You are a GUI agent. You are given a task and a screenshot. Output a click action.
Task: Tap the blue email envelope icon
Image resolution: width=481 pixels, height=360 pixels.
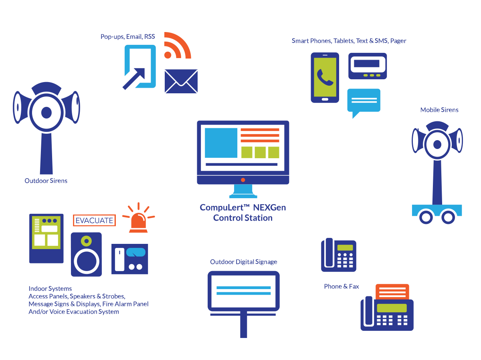coord(181,81)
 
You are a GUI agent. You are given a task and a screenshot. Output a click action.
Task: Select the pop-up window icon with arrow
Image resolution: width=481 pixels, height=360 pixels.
coord(139,66)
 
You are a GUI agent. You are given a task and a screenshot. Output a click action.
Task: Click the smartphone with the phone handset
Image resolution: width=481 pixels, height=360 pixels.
coord(325,77)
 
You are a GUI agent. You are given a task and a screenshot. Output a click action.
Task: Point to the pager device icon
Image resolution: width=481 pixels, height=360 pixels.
coord(368,66)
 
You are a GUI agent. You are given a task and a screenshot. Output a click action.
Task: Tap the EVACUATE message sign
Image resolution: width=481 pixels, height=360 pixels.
coord(94,220)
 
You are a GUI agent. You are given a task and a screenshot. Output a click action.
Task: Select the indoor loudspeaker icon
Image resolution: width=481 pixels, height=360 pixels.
coord(86,254)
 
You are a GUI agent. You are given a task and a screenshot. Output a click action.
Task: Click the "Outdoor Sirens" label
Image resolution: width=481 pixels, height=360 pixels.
coord(46,181)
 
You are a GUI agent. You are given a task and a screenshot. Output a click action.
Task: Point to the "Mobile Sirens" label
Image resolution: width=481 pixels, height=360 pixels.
coord(439,110)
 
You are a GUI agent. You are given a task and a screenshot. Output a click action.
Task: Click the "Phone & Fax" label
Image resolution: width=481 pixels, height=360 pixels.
coord(342,286)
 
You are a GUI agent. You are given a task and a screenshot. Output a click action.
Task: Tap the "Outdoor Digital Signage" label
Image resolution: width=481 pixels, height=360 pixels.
coord(244,262)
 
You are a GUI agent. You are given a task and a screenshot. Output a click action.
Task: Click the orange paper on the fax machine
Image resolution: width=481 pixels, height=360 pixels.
coord(392,292)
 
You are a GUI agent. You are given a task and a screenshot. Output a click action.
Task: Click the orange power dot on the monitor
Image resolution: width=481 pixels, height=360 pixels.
coord(243,180)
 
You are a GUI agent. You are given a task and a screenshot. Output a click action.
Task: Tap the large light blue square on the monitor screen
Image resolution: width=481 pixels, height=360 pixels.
coord(221,143)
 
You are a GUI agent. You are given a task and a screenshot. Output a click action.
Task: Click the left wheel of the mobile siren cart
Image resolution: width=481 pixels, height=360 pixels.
coord(425,217)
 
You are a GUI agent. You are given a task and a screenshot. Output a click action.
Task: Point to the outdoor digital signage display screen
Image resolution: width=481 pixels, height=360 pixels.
coord(243,291)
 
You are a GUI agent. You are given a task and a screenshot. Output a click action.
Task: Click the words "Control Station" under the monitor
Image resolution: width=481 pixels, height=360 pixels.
coord(243,218)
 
